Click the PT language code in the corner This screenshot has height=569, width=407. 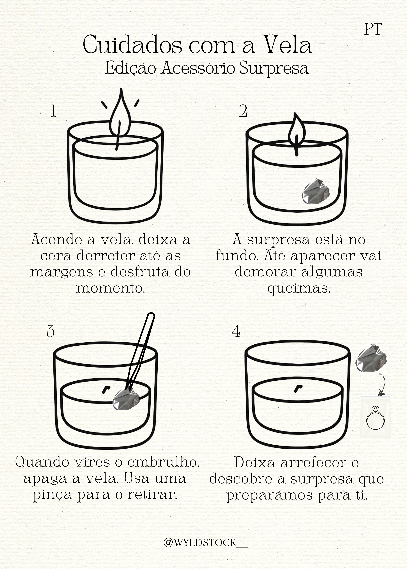coord(373,29)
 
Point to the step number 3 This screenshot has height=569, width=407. coord(51,331)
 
